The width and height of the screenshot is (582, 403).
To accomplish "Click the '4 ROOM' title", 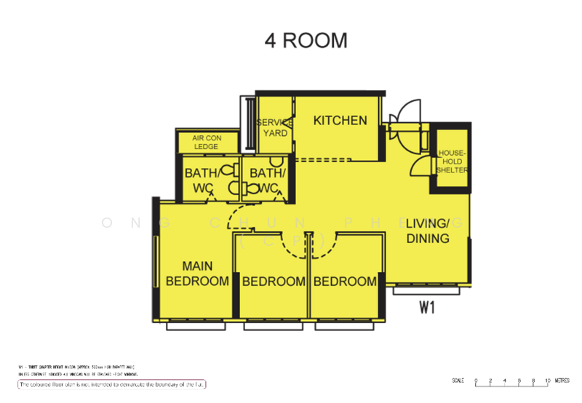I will [x=306, y=41].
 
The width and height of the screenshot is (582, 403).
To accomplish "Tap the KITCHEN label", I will [x=340, y=121].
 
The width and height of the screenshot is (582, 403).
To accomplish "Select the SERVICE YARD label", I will [x=275, y=128].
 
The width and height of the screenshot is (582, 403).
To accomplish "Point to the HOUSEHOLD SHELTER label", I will [x=451, y=161].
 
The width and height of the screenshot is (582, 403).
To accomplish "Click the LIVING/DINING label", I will [x=428, y=231].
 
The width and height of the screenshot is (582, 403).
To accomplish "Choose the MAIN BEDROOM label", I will [x=197, y=274].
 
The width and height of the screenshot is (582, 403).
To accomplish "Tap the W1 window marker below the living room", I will [x=427, y=308].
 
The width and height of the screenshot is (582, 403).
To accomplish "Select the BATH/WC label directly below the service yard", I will [x=263, y=181].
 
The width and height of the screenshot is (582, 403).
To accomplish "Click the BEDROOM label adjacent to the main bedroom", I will [x=274, y=282].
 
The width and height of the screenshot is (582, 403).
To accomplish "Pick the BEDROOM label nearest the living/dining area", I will [x=346, y=282].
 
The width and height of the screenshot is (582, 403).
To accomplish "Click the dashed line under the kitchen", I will [x=335, y=159].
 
